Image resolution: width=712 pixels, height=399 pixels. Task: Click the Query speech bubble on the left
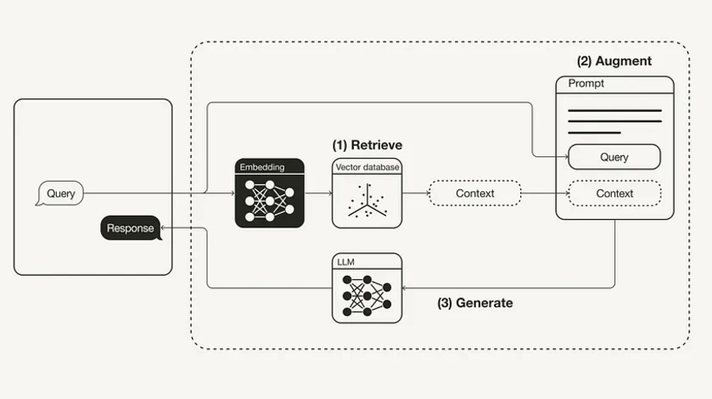point(60,194)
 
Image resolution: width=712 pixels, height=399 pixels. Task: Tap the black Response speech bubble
point(131,228)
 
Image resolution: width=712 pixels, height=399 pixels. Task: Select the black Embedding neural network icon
point(270,199)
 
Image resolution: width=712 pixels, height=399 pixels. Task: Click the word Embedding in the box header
point(262,167)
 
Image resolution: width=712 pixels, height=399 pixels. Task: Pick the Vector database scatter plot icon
point(367,201)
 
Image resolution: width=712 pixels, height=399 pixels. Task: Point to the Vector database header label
point(367,167)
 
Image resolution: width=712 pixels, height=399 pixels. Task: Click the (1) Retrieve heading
point(367,145)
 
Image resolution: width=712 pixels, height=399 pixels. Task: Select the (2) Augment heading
point(614,61)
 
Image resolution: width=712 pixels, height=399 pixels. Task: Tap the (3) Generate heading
point(474,303)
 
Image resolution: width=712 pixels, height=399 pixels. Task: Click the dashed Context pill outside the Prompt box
point(474,194)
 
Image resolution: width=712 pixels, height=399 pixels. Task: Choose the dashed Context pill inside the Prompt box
point(614,194)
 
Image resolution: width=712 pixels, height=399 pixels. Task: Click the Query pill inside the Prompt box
point(614,157)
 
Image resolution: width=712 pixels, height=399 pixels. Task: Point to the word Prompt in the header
point(586,84)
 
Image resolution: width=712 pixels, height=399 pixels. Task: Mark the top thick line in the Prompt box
point(614,110)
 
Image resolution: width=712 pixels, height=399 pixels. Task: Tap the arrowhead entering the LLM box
point(406,288)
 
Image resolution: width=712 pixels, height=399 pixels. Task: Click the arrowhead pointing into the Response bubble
point(165,228)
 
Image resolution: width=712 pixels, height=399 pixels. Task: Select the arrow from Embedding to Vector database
point(317,194)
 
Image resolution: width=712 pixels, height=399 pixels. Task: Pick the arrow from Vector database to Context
point(414,194)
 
